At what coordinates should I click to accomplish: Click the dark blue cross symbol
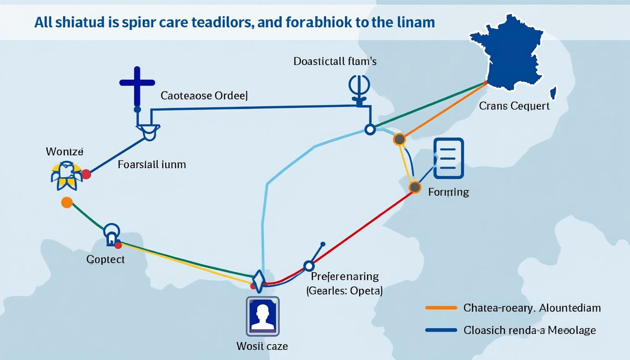[x=137, y=84]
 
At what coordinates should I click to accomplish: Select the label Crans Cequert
[x=514, y=106]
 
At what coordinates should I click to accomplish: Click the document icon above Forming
[x=449, y=158]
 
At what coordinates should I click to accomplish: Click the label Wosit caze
[x=262, y=346]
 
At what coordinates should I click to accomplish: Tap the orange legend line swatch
[x=441, y=308]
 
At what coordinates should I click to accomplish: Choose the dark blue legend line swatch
[x=441, y=330]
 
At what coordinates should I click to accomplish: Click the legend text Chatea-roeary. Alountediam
[x=532, y=308]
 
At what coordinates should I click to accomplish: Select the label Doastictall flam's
[x=335, y=61]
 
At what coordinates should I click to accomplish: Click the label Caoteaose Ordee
[x=204, y=96]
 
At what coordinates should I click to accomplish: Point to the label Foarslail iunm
[x=152, y=165]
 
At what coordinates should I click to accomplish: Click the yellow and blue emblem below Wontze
[x=66, y=175]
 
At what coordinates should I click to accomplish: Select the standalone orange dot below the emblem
[x=67, y=202]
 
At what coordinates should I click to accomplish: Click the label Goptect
[x=105, y=259]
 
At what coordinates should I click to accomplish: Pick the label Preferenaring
[x=345, y=277]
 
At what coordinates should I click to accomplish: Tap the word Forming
[x=449, y=192]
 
